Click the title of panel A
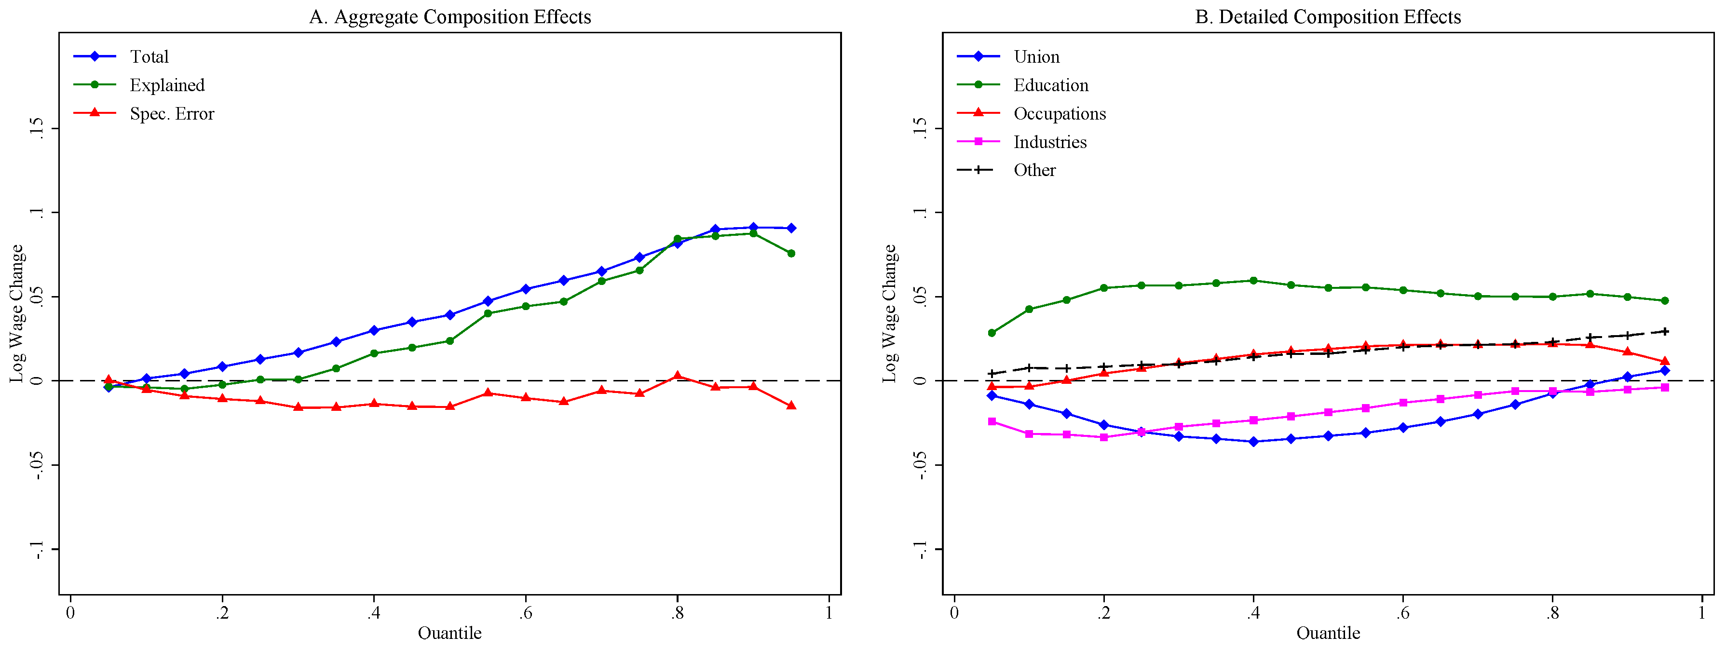tap(449, 17)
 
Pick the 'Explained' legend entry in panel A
tap(167, 85)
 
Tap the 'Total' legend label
tap(149, 57)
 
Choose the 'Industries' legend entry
tap(1049, 142)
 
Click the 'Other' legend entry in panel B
tap(1034, 170)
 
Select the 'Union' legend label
tap(1036, 57)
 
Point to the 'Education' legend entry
tap(1050, 85)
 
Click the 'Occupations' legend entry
tap(1059, 114)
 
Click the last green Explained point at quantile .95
tap(790, 253)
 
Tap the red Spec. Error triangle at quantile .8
tap(678, 376)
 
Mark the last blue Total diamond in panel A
tap(790, 229)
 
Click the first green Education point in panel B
tap(992, 333)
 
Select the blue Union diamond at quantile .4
tap(1253, 442)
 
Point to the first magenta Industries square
tap(992, 421)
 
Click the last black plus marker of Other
tap(1664, 332)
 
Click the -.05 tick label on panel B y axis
tap(921, 465)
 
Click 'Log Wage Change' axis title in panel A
tap(17, 313)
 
